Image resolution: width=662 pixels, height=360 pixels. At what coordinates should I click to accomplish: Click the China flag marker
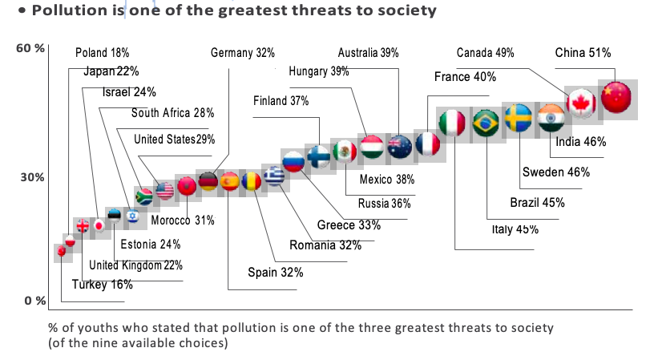tap(616, 97)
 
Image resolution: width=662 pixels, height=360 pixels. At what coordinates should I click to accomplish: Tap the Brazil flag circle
tap(486, 123)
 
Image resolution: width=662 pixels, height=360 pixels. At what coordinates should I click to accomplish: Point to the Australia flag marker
tap(399, 146)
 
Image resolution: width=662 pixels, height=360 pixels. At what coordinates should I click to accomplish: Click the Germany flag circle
tap(208, 181)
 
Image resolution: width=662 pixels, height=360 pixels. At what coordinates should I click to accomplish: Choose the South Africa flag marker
tap(145, 196)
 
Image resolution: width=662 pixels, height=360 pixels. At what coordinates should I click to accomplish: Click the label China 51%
tap(583, 53)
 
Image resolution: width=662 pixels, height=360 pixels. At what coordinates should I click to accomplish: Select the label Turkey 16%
tap(102, 284)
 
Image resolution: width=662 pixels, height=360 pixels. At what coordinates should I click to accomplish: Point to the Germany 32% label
tap(243, 53)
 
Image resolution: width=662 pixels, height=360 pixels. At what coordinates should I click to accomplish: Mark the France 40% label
tap(465, 77)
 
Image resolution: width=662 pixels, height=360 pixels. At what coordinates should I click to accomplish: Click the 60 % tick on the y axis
tap(29, 48)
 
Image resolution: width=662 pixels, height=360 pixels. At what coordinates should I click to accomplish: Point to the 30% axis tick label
tap(31, 177)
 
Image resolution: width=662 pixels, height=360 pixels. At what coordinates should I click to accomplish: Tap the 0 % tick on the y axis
tap(31, 301)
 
